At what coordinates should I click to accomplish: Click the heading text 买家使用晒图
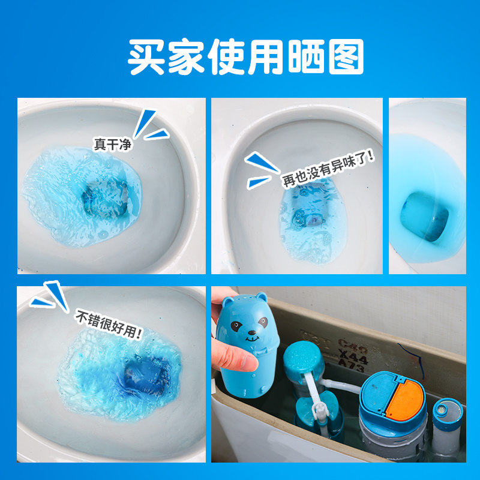point(246,57)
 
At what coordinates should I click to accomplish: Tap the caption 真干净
point(112,144)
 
